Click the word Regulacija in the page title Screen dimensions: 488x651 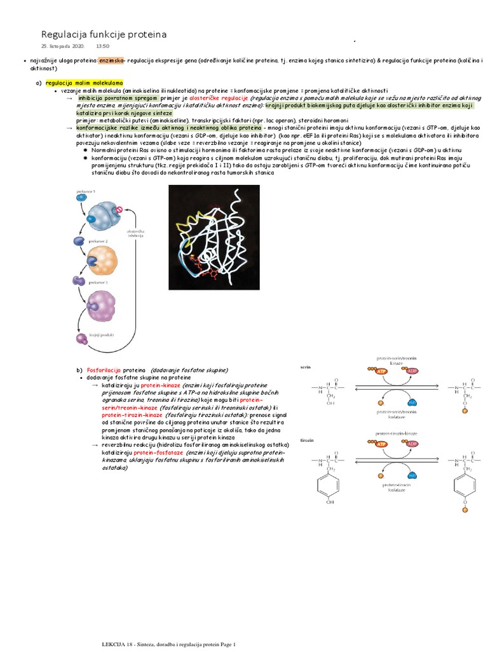[x=63, y=34]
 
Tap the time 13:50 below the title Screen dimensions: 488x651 [x=103, y=46]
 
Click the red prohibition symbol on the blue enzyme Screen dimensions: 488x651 [x=118, y=209]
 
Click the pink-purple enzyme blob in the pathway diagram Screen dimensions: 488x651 [x=102, y=304]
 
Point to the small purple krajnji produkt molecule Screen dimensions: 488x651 [x=82, y=338]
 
